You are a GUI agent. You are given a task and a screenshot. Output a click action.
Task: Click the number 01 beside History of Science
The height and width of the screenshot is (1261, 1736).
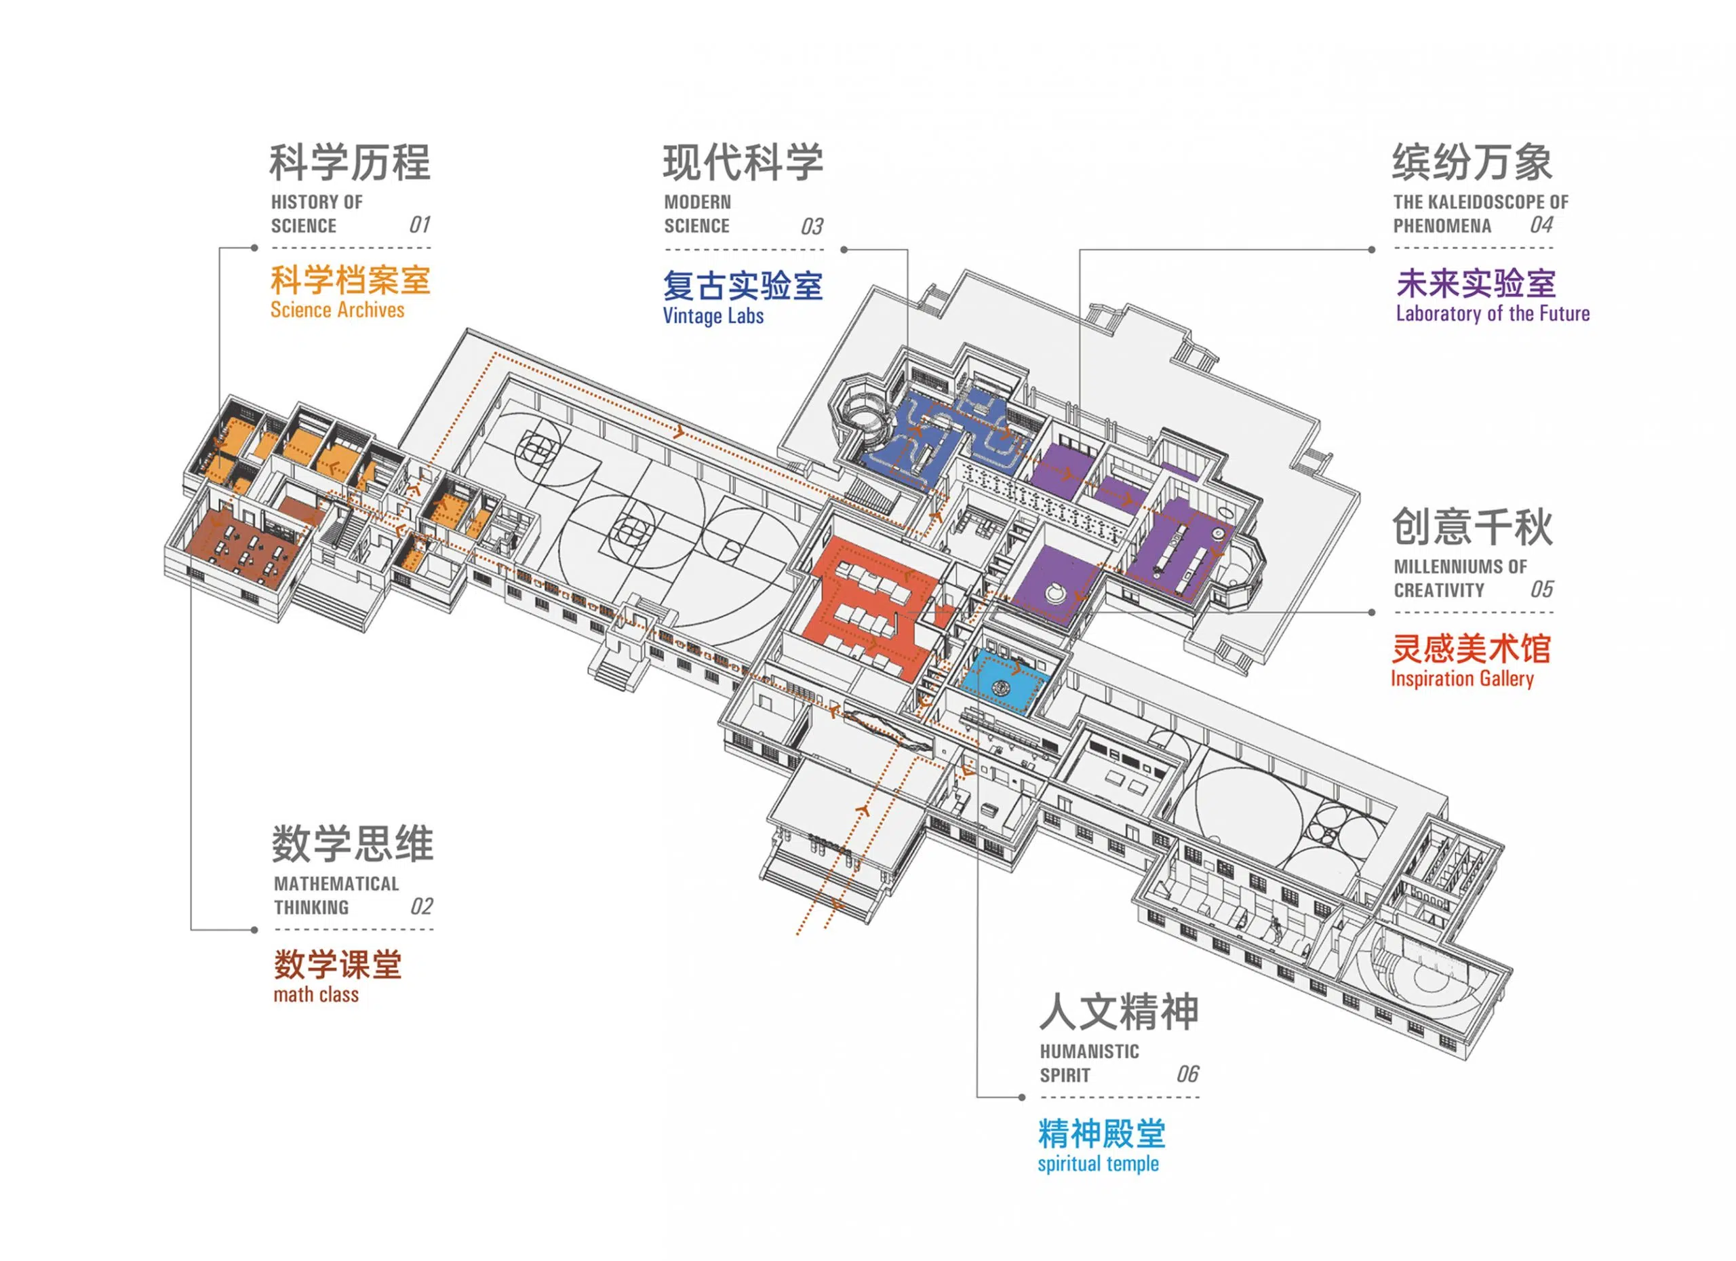[x=420, y=225]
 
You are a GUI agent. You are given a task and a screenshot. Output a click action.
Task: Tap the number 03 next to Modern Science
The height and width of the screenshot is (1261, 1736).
[x=812, y=227]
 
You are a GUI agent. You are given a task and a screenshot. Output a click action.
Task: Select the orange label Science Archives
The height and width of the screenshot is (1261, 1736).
[x=337, y=310]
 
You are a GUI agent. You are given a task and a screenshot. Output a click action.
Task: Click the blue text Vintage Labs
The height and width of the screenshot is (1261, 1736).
[x=713, y=316]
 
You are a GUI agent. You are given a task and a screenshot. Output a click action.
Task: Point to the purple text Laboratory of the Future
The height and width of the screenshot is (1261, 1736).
[x=1492, y=314]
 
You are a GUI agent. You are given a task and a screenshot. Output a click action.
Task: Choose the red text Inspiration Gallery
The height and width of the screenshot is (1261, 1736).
[x=1461, y=679]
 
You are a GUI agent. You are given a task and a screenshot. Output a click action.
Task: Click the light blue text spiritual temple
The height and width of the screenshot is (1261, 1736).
[x=1098, y=1164]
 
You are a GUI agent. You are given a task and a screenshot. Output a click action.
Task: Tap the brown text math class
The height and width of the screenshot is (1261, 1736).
[x=315, y=994]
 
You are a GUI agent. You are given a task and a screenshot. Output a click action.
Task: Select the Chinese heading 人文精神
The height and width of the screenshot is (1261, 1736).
[x=1118, y=1012]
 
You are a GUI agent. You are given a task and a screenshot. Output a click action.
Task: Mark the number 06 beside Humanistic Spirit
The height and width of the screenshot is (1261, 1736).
[x=1187, y=1074]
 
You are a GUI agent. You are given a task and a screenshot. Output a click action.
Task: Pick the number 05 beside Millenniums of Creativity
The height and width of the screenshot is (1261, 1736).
[x=1541, y=589]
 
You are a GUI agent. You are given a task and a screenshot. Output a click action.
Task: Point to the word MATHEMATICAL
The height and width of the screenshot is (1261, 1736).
[x=336, y=884]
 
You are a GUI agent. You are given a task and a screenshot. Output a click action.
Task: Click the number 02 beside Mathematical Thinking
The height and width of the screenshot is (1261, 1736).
[x=422, y=906]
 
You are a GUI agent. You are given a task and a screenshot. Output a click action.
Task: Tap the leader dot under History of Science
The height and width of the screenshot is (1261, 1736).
[x=255, y=248]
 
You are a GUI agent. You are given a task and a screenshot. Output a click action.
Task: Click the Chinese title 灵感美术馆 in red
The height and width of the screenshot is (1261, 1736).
[x=1470, y=649]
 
